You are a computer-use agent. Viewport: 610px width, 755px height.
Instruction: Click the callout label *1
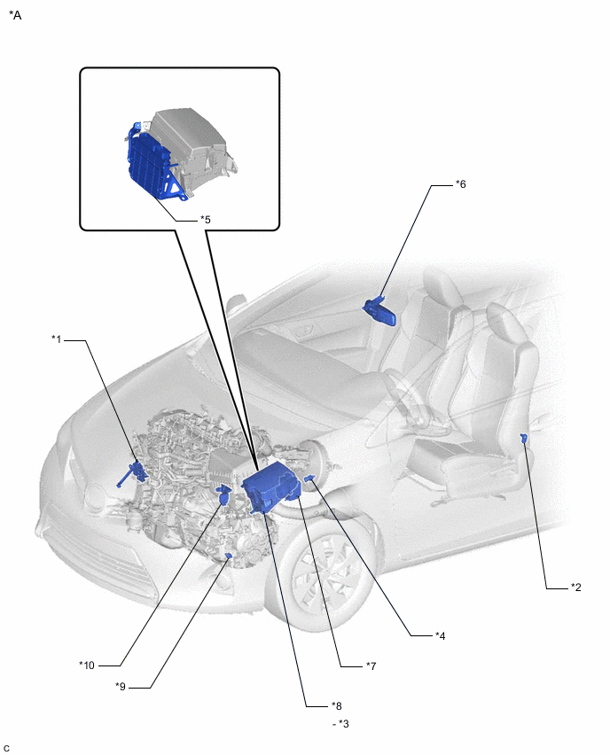click(57, 339)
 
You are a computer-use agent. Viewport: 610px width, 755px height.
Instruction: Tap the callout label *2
click(575, 587)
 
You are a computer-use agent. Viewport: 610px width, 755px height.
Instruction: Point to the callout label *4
click(440, 636)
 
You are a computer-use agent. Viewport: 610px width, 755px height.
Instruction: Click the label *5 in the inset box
click(206, 220)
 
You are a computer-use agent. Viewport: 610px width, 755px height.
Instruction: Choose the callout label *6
click(461, 184)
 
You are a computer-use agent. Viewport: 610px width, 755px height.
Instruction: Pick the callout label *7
click(371, 665)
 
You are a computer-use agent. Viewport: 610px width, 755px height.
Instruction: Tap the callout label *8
click(336, 706)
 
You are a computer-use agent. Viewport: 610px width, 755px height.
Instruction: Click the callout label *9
click(121, 687)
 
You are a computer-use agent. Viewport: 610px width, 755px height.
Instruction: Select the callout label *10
click(87, 665)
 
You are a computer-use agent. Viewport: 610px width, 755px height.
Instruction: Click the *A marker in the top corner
click(15, 15)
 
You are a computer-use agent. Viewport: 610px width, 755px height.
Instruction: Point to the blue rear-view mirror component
click(381, 312)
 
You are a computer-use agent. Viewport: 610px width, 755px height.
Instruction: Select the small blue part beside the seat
click(524, 438)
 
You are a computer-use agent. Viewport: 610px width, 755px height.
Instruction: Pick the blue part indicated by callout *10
click(223, 494)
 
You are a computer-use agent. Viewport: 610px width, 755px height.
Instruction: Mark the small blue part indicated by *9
click(229, 557)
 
